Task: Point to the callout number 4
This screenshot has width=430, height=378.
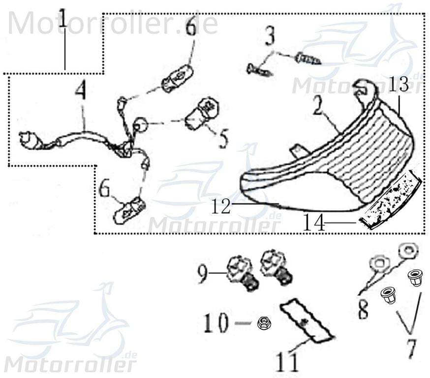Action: tap(81, 92)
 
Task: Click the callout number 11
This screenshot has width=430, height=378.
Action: tap(287, 362)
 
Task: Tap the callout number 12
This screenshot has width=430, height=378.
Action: tap(221, 207)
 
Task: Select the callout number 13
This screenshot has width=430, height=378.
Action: tap(399, 85)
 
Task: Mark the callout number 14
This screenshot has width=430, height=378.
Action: tap(314, 224)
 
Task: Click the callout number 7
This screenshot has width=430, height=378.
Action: tap(411, 347)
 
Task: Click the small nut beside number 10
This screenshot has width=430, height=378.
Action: tap(263, 323)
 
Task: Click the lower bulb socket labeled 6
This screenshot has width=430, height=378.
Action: tap(129, 210)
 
